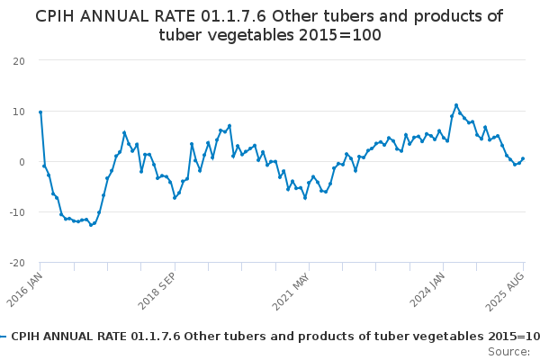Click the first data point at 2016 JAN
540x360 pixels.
pos(40,112)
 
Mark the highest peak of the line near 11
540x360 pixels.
pos(456,105)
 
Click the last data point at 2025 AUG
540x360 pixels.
pos(523,158)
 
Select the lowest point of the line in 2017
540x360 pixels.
pos(91,225)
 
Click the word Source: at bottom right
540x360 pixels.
pos(508,351)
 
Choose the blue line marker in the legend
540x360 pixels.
pos(4,337)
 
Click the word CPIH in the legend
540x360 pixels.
pos(27,337)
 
